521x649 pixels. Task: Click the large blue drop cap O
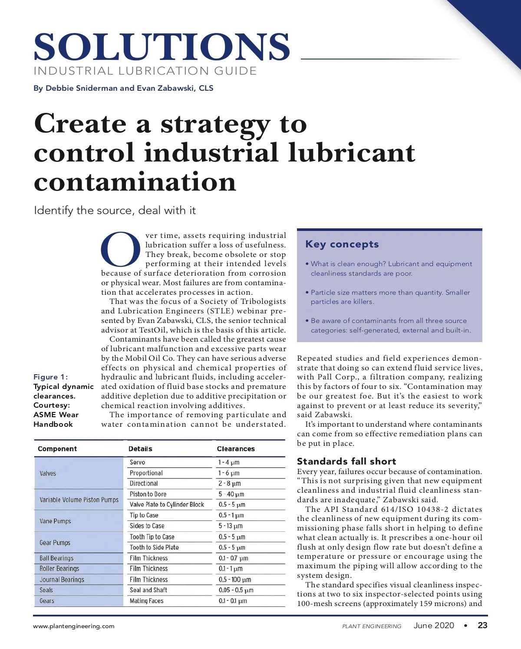pos(121,249)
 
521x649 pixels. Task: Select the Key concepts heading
pos(342,244)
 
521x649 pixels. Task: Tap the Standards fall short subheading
pos(346,461)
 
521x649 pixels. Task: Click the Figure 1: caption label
pos(50,377)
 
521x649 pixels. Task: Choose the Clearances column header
pos(236,449)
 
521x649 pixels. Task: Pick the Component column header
pos(57,449)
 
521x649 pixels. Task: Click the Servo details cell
pos(138,462)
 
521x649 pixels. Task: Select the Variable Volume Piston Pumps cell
pos(79,500)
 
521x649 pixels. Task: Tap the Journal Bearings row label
pos(62,580)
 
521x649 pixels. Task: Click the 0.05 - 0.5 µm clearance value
pos(236,590)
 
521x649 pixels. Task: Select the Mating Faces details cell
pos(147,601)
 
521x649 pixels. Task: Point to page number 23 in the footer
pos(482,626)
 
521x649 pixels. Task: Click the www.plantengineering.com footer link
pos(74,626)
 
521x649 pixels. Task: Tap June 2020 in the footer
pos(434,626)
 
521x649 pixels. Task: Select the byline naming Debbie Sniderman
pos(123,88)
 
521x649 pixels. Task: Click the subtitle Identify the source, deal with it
pos(115,211)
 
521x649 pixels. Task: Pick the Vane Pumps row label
pos(56,521)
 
